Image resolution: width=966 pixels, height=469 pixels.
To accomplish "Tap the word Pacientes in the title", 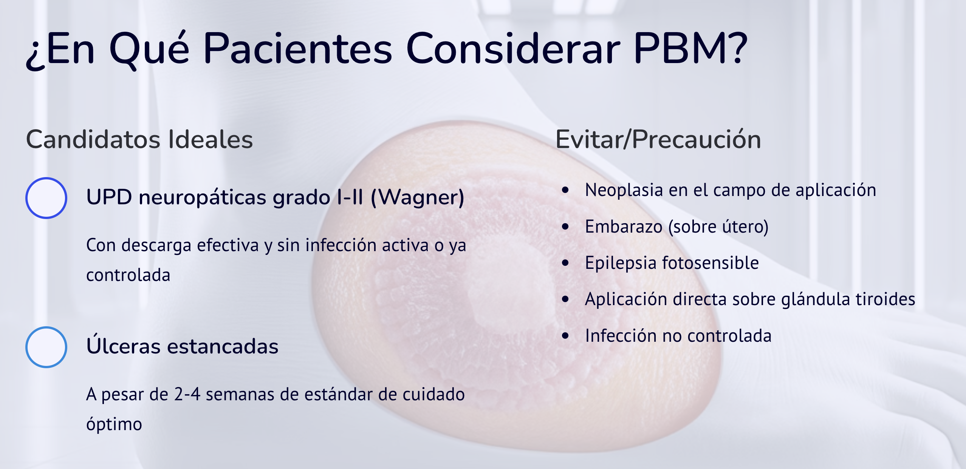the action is tap(298, 48).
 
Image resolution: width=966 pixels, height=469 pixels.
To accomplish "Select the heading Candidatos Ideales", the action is tap(139, 139).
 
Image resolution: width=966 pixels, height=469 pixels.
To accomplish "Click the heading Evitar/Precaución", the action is tap(658, 139).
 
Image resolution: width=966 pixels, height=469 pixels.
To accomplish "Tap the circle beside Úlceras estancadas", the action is tap(46, 327).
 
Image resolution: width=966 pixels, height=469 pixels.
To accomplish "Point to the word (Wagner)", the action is tap(418, 197).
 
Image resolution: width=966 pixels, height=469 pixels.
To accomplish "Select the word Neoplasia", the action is tap(624, 190).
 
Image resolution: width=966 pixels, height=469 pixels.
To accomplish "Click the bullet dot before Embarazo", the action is tap(565, 227).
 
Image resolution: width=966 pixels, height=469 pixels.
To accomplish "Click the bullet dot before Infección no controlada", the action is tap(565, 335).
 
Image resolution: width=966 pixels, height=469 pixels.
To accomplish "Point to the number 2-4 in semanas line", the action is tap(187, 394).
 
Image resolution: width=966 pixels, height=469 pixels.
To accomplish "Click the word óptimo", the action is tap(114, 424).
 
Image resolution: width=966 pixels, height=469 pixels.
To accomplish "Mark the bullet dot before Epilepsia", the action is tap(565, 263).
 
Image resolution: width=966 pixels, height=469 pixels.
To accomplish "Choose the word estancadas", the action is tap(223, 346).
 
